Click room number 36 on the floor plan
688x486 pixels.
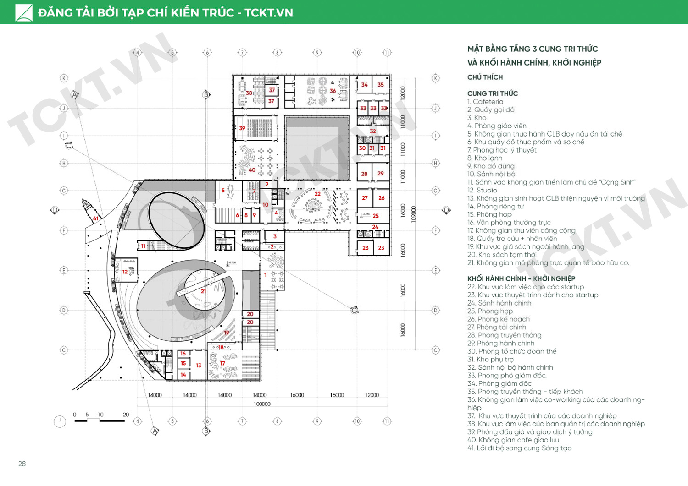point(333,91)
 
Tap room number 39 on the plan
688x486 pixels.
point(242,128)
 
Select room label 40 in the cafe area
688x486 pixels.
point(252,170)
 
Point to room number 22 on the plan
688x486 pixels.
point(317,194)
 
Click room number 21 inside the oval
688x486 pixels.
point(203,291)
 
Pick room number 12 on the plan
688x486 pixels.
point(125,272)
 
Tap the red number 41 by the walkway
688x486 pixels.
point(96,218)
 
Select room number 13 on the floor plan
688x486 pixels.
point(198,366)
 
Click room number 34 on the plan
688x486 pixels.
point(364,85)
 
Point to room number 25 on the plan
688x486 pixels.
point(376,216)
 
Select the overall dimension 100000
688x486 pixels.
point(262,404)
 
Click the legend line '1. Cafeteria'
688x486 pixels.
point(485,102)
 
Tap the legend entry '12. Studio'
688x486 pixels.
point(482,190)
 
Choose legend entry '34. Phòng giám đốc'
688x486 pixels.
point(499,383)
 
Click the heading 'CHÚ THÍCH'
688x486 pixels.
point(485,77)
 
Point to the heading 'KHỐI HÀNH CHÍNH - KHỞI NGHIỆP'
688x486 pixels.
point(521,278)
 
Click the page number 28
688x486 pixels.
point(22,464)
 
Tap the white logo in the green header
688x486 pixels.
point(24,13)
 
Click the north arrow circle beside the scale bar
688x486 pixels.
point(60,421)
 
